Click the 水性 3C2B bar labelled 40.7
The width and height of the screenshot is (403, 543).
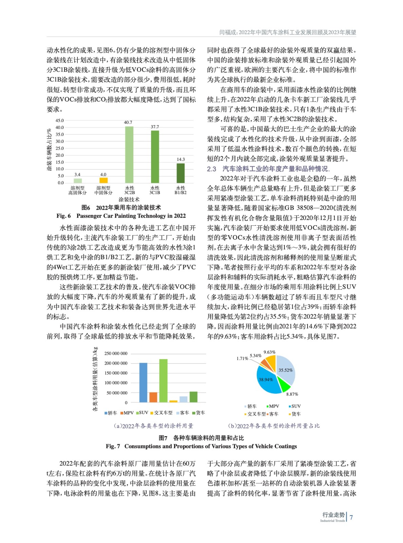(129, 155)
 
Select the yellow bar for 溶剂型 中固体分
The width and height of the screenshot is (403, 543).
(103, 180)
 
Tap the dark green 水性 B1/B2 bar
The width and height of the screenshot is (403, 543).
(180, 173)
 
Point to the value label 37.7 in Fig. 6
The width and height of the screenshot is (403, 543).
(154, 127)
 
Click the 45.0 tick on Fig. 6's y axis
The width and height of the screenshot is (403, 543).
(60, 120)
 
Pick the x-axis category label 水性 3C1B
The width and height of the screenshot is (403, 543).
(155, 190)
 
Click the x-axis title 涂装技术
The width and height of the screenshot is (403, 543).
(129, 200)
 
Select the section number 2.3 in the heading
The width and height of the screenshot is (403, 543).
(212, 169)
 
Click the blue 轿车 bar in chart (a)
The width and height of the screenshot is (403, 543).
(143, 382)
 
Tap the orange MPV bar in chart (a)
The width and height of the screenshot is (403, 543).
(153, 397)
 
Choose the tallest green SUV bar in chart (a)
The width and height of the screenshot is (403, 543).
(163, 380)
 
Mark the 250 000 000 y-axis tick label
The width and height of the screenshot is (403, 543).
(116, 354)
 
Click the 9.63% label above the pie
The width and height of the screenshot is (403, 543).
(269, 352)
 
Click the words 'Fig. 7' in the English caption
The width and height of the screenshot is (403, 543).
(113, 446)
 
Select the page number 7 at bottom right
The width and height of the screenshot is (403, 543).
(351, 518)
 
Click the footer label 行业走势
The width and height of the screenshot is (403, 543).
(333, 515)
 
